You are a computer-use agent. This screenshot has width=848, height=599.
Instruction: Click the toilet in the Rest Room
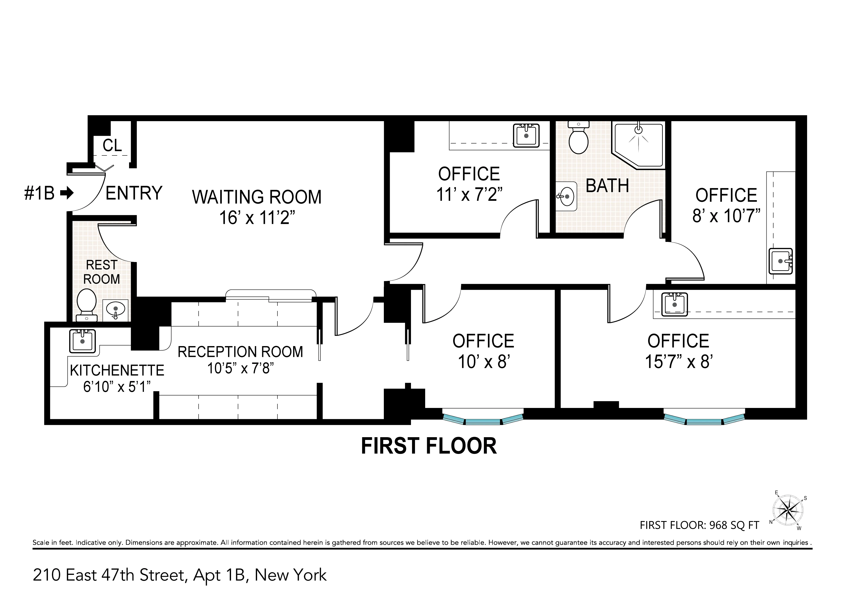86,305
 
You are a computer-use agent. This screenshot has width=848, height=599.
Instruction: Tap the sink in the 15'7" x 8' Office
674,305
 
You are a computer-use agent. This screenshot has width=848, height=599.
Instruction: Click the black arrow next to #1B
67,193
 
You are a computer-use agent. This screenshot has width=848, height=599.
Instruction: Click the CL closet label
112,146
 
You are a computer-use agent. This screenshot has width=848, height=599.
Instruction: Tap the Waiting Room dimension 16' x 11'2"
257,218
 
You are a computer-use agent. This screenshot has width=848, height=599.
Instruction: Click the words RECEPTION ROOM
240,352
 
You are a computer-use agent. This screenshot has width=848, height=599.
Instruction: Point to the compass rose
788,511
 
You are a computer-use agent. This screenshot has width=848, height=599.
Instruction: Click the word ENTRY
134,193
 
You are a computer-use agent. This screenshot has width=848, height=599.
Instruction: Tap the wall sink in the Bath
566,196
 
